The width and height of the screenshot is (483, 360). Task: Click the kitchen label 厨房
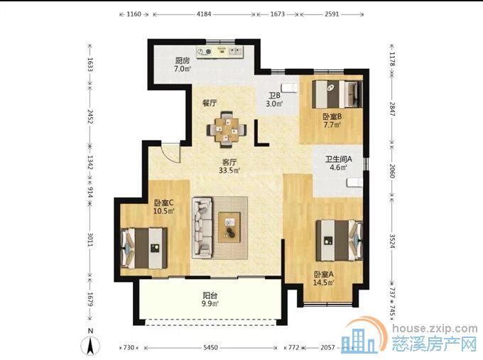click(183, 60)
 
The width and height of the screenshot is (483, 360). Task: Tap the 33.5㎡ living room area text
click(229, 170)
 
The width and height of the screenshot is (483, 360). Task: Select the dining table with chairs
click(227, 129)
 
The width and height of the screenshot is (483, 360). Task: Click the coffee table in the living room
click(229, 227)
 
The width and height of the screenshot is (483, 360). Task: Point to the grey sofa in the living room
click(202, 228)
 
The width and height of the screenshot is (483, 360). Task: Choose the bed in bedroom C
click(144, 249)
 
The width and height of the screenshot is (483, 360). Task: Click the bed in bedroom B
click(337, 94)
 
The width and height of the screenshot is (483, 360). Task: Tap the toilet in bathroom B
click(290, 87)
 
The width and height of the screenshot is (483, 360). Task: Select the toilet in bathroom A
click(354, 182)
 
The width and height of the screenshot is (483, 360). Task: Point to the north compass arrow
click(90, 345)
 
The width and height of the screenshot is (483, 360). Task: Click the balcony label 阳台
click(210, 295)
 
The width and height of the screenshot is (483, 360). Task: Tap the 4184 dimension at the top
click(204, 14)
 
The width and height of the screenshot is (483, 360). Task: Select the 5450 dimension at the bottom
click(211, 347)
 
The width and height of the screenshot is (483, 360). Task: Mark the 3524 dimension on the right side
click(392, 241)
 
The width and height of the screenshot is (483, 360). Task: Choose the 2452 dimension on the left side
click(90, 116)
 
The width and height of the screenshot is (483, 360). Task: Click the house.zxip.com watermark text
click(435, 328)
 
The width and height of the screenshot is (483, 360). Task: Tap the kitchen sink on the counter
click(236, 51)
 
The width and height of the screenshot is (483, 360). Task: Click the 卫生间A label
click(339, 159)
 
